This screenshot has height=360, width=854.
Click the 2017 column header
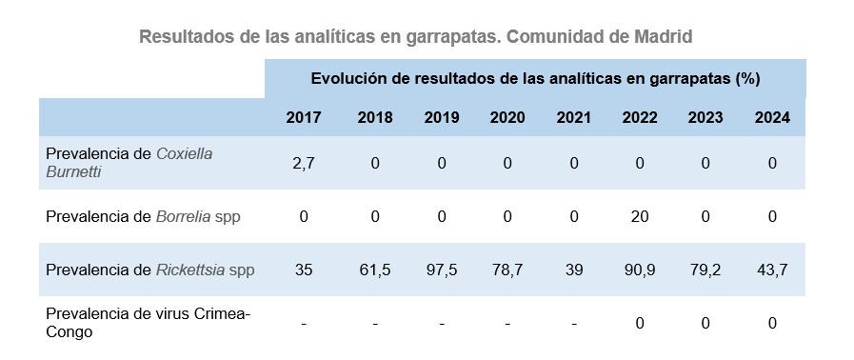(x=304, y=118)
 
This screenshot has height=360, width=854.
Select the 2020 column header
(x=507, y=118)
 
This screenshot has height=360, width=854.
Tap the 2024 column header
(x=772, y=118)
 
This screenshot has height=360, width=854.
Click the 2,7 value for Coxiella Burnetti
(x=304, y=163)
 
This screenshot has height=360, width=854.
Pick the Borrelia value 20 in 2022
(x=640, y=216)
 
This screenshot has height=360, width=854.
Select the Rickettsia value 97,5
(x=442, y=270)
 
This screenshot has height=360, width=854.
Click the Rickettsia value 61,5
(x=375, y=270)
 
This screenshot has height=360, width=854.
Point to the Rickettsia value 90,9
(x=640, y=270)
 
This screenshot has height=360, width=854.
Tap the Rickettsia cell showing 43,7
(x=772, y=270)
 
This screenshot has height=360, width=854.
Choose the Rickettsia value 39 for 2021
(x=573, y=270)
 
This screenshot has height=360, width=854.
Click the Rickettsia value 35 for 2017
(x=304, y=270)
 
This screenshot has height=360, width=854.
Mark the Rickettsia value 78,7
(x=507, y=270)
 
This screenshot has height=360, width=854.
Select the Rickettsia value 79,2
(x=705, y=270)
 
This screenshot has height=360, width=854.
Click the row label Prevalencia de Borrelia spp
(x=143, y=216)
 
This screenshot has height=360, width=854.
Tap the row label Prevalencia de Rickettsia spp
(x=149, y=270)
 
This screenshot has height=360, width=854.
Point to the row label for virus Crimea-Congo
(x=148, y=323)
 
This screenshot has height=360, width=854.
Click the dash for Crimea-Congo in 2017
(x=304, y=324)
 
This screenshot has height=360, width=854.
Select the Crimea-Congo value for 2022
(x=640, y=323)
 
